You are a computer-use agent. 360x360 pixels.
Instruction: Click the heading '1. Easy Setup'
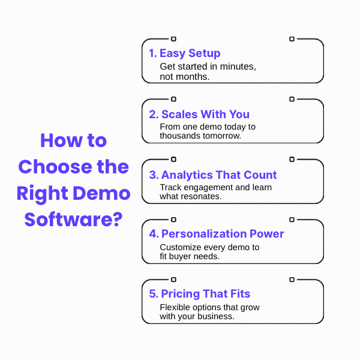tap(185, 53)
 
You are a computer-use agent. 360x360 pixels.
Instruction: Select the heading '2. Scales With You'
tap(199, 114)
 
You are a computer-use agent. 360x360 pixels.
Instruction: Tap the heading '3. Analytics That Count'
tap(213, 175)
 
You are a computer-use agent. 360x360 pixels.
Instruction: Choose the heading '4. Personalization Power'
tap(217, 234)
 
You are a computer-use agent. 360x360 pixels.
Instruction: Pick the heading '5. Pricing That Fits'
tap(200, 294)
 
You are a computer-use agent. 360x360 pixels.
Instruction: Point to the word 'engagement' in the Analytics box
tap(210, 187)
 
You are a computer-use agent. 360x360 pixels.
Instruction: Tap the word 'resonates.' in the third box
tap(202, 196)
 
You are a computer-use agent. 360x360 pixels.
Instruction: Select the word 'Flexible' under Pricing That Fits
tap(175, 307)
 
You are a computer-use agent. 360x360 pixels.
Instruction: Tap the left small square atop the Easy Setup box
tap(173, 39)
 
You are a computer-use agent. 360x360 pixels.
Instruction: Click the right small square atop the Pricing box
tap(292, 279)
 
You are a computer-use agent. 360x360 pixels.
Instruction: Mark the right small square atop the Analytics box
tap(292, 159)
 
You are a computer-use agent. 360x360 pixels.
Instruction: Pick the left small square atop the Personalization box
tap(173, 220)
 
